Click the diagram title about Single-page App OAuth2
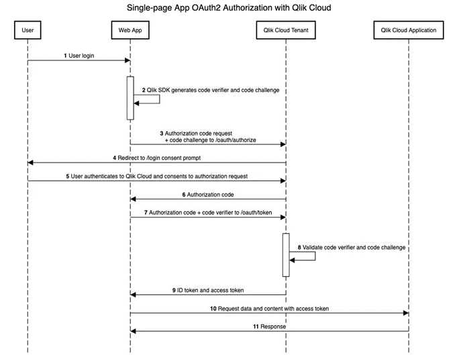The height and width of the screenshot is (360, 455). [x=228, y=8]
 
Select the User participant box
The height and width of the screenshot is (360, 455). [x=28, y=30]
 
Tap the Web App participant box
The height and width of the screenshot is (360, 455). [x=130, y=30]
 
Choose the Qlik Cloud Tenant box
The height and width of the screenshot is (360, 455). [x=285, y=30]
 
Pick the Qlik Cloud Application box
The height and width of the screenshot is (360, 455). [x=408, y=30]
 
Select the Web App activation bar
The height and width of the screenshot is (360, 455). [x=130, y=98]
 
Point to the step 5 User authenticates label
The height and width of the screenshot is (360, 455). [x=157, y=176]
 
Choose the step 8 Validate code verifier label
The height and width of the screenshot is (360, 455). [x=352, y=247]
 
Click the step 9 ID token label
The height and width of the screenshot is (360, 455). [x=207, y=290]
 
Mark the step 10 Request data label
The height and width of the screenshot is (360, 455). [x=269, y=308]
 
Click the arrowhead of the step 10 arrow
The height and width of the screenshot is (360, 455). [x=405, y=313]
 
